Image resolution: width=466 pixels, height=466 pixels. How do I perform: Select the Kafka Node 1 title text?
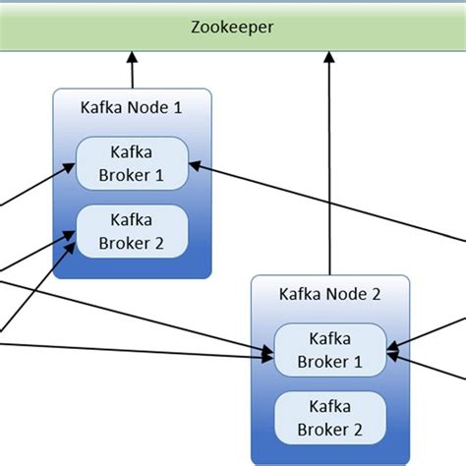(131, 108)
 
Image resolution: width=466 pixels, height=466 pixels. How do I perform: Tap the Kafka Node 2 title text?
(328, 293)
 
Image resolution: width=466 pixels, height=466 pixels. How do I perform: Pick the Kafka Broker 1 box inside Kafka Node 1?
(132, 163)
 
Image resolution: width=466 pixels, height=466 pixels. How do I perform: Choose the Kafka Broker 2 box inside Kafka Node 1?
(132, 231)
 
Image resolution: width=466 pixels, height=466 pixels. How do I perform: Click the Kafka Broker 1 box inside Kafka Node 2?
(329, 349)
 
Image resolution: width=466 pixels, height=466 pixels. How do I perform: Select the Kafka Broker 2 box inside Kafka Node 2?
(329, 417)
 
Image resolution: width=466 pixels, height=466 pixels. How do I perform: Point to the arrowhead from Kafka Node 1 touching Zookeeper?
(131, 60)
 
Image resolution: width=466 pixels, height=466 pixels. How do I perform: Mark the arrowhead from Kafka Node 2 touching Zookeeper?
(328, 60)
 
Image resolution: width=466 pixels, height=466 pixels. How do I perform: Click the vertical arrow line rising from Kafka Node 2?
(328, 167)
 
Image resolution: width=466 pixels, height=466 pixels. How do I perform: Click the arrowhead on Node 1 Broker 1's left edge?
(71, 169)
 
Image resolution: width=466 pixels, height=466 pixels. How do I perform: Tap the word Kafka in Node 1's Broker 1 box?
(132, 151)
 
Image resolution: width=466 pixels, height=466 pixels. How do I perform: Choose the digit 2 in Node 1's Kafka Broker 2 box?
(158, 242)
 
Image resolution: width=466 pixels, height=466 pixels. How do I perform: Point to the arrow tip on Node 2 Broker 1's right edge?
(391, 346)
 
